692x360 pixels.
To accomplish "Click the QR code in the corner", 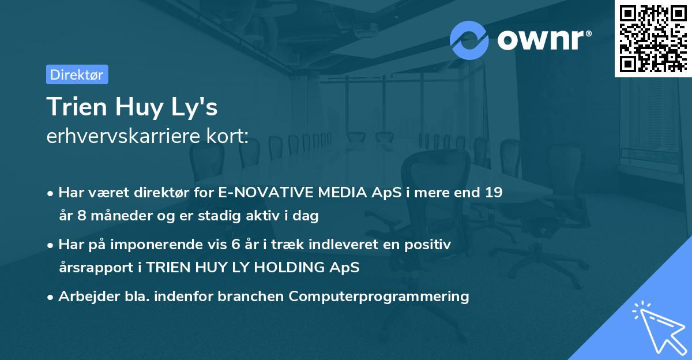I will coord(653,39).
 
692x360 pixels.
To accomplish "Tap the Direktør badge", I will coord(77,74).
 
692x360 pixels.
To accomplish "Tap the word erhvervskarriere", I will coord(123,137).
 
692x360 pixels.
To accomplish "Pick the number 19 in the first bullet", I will coord(493,193).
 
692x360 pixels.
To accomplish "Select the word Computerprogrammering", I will coord(379,297).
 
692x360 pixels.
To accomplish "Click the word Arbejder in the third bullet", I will coord(84,297).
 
